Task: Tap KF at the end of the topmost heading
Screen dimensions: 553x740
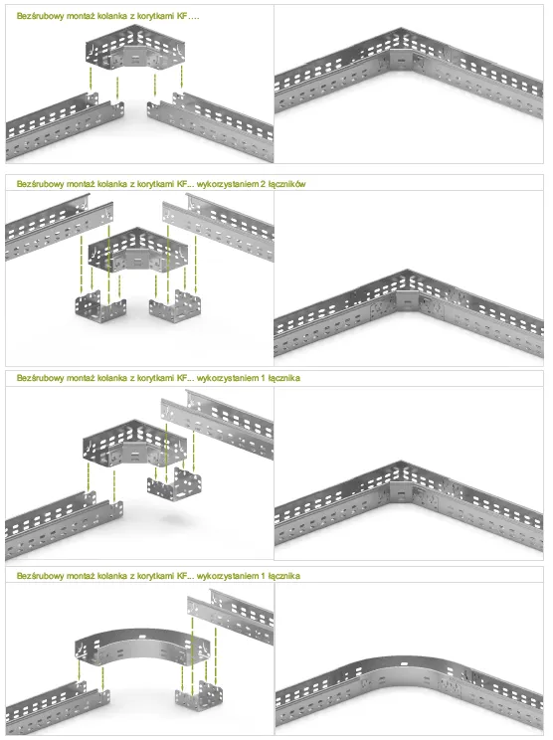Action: (183, 16)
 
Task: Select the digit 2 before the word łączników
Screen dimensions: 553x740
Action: (263, 184)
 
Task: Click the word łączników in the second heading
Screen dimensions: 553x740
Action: (286, 184)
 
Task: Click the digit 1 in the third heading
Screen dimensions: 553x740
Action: (263, 378)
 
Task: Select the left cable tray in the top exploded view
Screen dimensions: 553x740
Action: (64, 128)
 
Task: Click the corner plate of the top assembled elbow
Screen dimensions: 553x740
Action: (401, 60)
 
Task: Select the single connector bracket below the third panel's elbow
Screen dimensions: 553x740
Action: (174, 484)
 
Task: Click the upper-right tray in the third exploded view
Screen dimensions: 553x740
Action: (218, 423)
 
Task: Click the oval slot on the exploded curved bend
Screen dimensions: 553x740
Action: (142, 638)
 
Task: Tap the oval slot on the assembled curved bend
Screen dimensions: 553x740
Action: (405, 663)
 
